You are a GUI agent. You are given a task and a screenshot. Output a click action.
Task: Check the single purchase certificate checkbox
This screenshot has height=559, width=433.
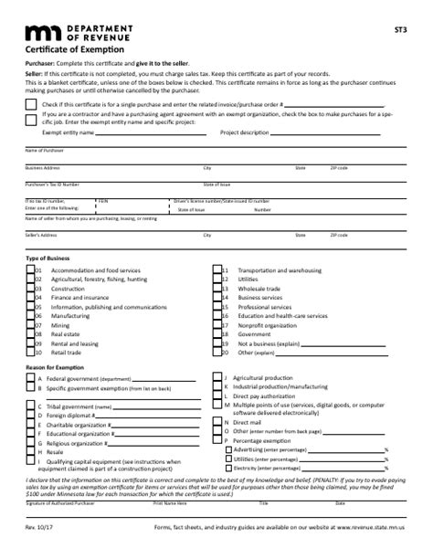pos(30,105)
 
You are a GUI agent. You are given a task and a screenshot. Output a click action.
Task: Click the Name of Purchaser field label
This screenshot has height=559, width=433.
pos(44,149)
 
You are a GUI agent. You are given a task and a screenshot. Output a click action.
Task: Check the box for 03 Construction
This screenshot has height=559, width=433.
pos(30,289)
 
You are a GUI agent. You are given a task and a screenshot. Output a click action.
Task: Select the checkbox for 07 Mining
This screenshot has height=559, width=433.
pos(30,325)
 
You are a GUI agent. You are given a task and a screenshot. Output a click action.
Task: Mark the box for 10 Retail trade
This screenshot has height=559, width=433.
pos(30,352)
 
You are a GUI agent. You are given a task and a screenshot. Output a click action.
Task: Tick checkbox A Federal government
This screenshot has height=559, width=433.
pos(30,377)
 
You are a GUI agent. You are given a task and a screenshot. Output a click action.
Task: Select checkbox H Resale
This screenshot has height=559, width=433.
pos(30,451)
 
